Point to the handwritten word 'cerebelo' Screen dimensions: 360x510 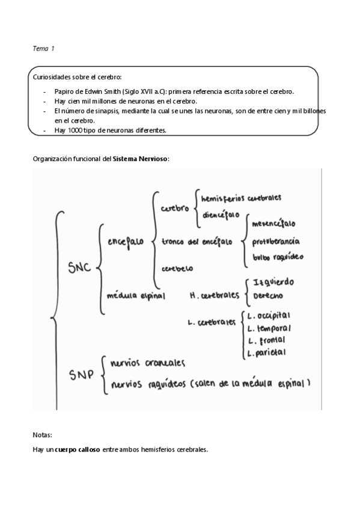tap(177, 269)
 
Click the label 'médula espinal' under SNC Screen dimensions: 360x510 tap(135, 295)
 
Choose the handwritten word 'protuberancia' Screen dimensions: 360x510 tap(276, 241)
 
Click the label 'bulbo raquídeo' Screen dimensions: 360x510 tap(278, 257)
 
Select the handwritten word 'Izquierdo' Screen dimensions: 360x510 tap(274, 283)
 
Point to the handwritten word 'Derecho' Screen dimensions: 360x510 tap(269, 296)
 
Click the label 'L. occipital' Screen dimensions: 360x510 tap(269, 315)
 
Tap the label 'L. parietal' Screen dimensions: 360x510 tap(266, 352)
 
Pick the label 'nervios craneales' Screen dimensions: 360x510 tap(147, 363)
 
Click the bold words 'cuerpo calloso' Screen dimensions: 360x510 tap(78, 449)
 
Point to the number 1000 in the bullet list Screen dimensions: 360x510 tap(71, 130)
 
